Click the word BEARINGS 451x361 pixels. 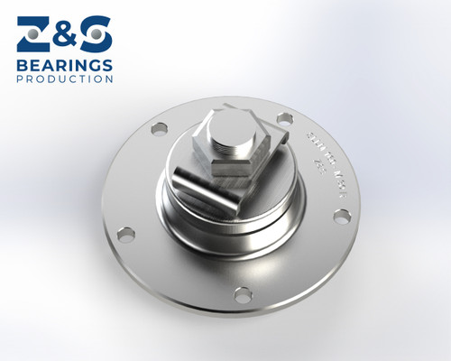click(65, 65)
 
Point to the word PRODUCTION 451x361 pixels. click(65, 79)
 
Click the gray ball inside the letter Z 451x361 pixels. click(32, 33)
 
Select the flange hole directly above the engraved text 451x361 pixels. click(284, 118)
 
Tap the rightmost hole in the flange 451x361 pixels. click(342, 217)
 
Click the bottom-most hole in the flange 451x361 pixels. click(242, 293)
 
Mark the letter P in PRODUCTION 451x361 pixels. click(20, 79)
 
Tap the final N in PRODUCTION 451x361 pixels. click(110, 79)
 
